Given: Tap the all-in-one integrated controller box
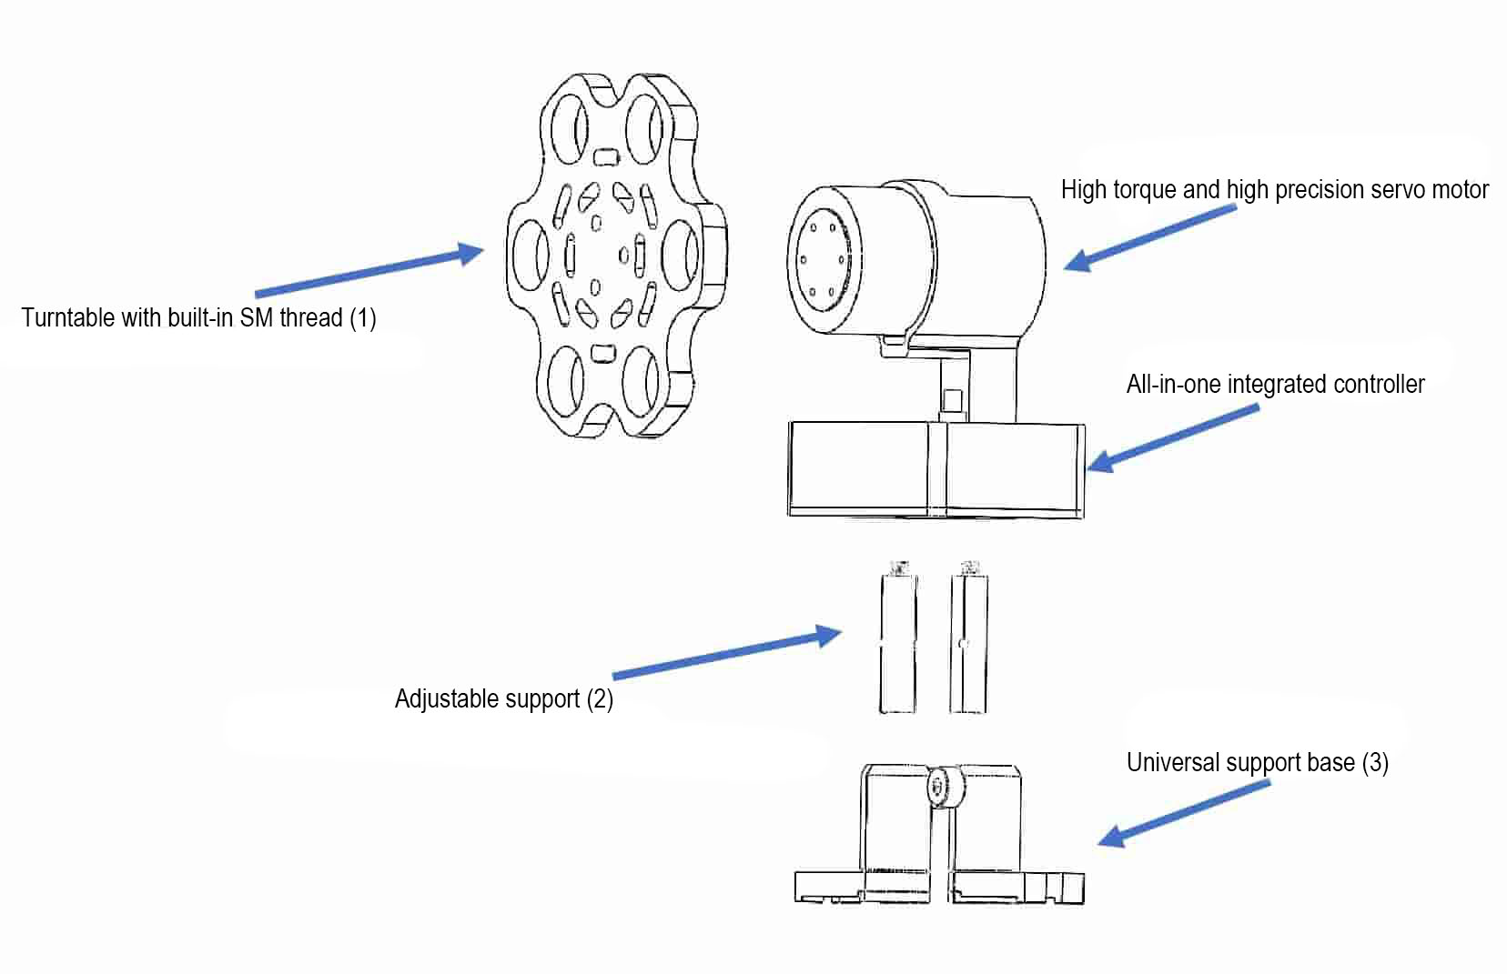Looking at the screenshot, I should (x=936, y=468).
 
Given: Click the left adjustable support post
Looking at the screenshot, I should (x=897, y=641).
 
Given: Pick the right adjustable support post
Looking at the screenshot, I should (x=968, y=641).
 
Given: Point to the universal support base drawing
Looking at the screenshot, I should (x=940, y=841).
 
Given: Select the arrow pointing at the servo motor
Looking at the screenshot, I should (x=1150, y=237).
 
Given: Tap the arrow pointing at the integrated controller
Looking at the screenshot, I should (x=1174, y=437).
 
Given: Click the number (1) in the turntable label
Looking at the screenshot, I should (x=363, y=317).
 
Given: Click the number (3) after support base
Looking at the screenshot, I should (x=1375, y=761).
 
